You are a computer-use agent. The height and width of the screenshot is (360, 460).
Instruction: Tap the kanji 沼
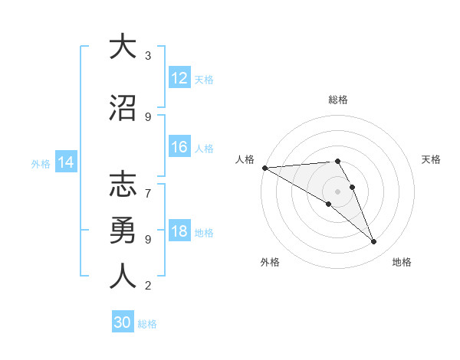point(123,109)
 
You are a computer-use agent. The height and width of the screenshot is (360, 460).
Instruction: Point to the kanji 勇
point(123,231)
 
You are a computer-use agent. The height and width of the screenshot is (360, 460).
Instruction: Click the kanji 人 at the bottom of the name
point(123,276)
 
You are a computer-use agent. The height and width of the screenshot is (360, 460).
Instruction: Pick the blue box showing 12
point(179,78)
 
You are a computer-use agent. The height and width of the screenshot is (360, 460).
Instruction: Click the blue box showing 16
point(179,148)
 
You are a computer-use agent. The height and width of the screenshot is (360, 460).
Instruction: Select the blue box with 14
point(66,162)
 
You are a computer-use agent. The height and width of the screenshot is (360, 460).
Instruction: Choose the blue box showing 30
point(123,322)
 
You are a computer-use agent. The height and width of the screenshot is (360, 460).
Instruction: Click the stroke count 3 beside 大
point(148,56)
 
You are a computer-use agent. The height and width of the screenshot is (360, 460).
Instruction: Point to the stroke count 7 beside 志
point(148,185)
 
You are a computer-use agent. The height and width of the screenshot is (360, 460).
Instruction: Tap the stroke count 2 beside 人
point(148,286)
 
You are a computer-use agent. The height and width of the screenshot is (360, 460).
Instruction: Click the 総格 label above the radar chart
point(338,100)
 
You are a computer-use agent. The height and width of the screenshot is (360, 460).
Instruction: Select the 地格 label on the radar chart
point(402,262)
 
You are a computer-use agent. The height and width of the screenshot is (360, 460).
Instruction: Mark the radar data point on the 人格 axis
point(264,168)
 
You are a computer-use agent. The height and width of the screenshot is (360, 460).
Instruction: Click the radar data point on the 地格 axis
point(374,242)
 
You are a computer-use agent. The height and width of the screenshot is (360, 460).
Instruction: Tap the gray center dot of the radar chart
point(338,191)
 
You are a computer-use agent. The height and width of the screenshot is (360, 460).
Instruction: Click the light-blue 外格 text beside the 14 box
point(41,163)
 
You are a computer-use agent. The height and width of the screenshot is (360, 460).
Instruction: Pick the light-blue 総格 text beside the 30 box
point(147,323)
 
